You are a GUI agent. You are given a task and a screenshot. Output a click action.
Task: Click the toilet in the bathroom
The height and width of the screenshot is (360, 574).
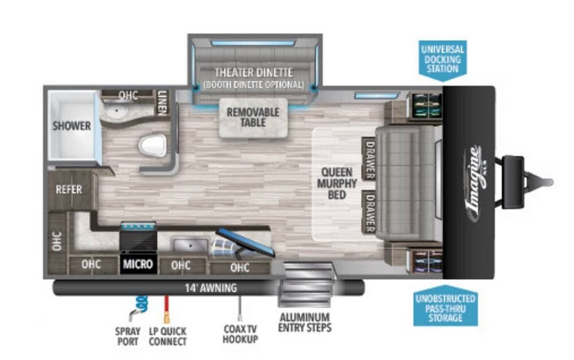click(153, 145)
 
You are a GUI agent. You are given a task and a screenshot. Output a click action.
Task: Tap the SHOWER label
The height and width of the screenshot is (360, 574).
click(72, 126)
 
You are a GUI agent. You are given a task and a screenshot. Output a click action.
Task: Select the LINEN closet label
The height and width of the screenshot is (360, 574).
click(162, 102)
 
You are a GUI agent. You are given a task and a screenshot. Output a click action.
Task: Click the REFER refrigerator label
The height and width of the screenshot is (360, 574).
click(69, 189)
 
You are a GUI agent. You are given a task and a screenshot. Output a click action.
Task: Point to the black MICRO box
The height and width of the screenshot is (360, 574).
click(138, 264)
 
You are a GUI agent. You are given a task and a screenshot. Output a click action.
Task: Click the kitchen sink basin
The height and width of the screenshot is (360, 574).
click(190, 244)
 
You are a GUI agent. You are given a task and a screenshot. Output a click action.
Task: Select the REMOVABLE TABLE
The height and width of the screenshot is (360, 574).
click(253, 118)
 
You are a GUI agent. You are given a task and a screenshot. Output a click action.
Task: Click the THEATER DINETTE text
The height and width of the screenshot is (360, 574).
click(253, 72)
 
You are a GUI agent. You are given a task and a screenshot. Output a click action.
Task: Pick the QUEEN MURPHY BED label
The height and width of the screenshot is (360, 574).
click(337, 183)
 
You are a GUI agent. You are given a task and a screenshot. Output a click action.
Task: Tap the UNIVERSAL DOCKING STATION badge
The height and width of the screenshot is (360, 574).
click(443, 60)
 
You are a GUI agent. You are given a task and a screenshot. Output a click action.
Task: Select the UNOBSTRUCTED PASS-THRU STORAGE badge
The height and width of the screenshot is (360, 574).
click(445, 306)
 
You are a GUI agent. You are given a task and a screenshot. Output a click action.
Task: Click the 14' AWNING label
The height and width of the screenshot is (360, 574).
click(211, 288)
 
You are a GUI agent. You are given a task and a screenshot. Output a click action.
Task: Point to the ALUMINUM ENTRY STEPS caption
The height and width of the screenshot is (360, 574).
click(305, 322)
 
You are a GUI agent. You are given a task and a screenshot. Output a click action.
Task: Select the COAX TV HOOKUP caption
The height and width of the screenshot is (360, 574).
click(240, 334)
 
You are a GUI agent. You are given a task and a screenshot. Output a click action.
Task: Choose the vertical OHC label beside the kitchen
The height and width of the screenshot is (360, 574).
click(57, 241)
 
